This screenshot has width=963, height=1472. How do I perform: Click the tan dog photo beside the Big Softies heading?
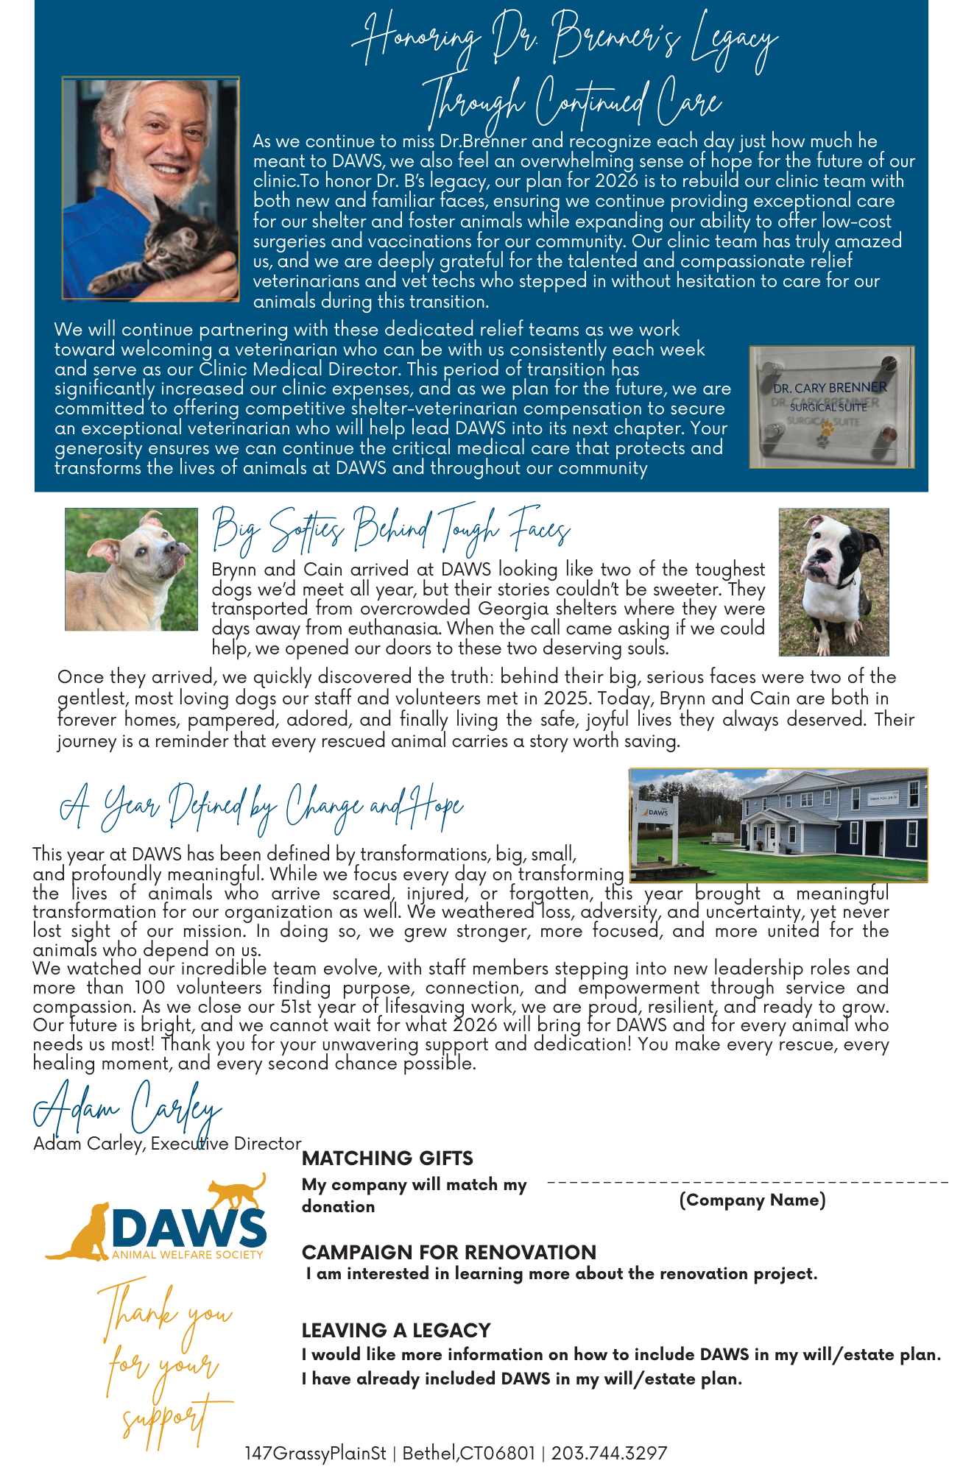tap(131, 569)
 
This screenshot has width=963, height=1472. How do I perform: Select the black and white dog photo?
tap(833, 581)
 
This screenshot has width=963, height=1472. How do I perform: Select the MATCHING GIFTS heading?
tap(387, 1158)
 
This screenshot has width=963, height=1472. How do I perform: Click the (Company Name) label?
tap(752, 1200)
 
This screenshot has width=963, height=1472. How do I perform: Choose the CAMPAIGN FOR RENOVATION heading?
tap(448, 1252)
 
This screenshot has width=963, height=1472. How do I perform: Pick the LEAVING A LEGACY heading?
tap(395, 1330)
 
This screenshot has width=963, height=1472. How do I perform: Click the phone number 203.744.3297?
tap(609, 1453)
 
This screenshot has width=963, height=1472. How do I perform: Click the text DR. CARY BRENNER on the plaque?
tap(830, 387)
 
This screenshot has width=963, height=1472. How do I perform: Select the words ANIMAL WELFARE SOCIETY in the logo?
tap(187, 1254)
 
